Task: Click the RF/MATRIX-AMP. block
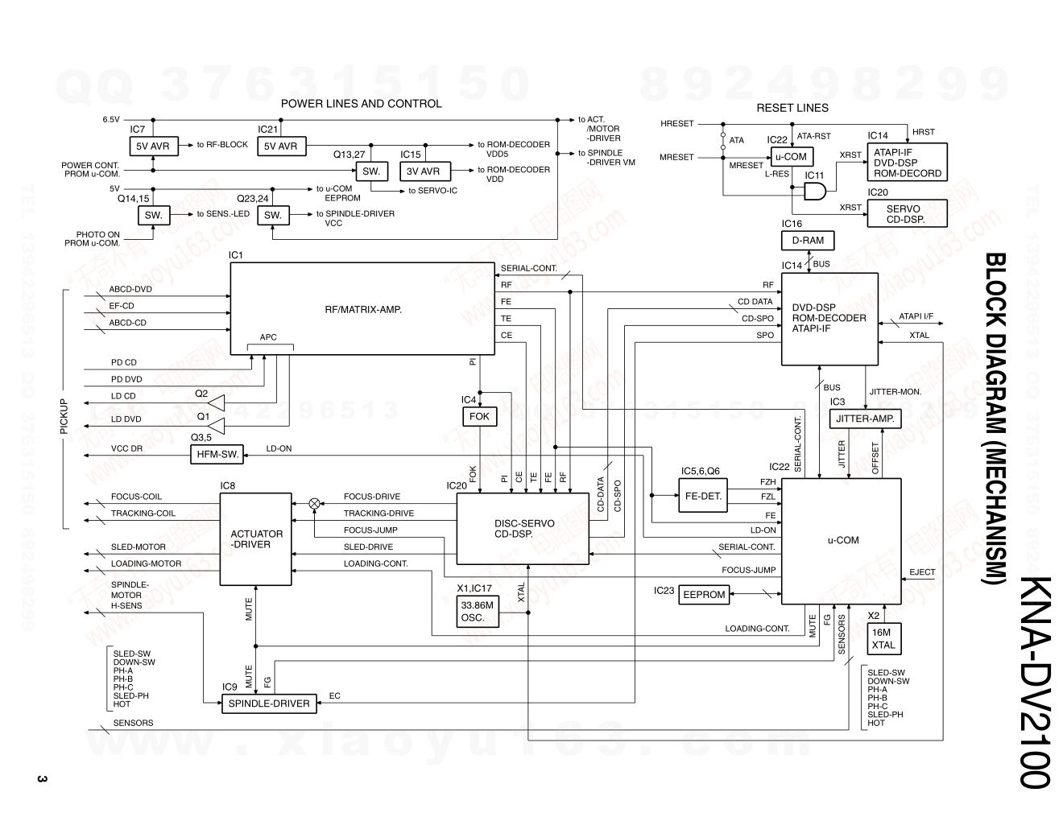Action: click(362, 309)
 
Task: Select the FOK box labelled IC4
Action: click(479, 416)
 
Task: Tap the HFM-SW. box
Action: click(217, 454)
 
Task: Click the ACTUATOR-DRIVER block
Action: click(256, 539)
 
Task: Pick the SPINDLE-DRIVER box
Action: click(269, 703)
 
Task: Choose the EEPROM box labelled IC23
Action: click(704, 595)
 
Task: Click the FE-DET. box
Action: click(703, 496)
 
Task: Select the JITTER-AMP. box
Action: click(864, 419)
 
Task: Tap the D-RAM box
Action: click(808, 240)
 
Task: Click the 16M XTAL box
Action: click(883, 638)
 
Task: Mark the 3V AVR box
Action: click(423, 171)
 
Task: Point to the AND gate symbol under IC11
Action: click(815, 192)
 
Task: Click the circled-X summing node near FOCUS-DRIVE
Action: click(314, 503)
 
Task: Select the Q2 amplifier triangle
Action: click(216, 402)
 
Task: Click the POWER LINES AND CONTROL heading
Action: click(361, 104)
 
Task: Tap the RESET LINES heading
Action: click(792, 108)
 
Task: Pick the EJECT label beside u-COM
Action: click(922, 572)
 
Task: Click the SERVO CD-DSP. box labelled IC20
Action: click(906, 213)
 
